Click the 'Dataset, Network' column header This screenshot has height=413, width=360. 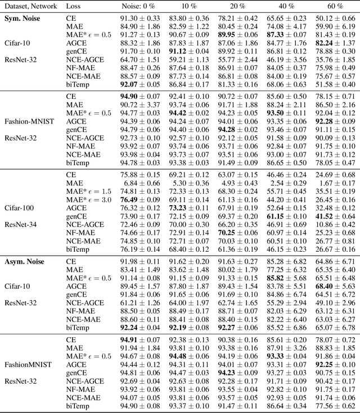point(29,6)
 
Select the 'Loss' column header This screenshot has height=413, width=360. point(73,6)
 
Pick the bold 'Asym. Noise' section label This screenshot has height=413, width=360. point(25,261)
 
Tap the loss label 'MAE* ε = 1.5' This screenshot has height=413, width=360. point(88,192)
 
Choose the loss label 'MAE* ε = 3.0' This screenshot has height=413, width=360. point(88,199)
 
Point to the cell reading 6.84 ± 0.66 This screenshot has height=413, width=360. point(142,183)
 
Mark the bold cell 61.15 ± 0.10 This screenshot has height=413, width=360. point(286,216)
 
